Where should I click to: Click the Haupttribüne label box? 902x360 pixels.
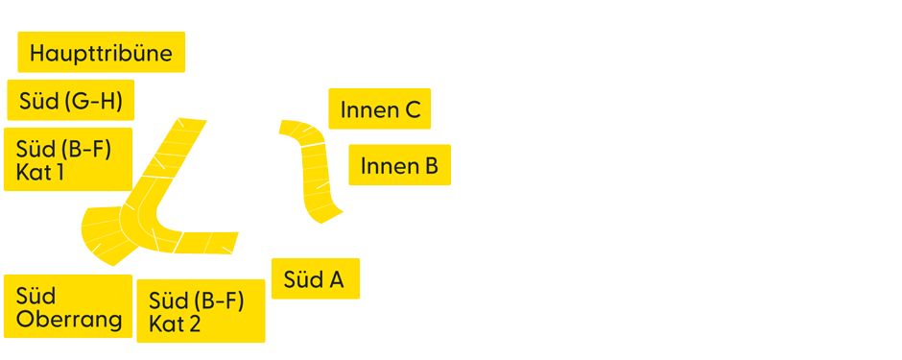[x=101, y=53]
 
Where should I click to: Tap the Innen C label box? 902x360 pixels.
[x=380, y=109]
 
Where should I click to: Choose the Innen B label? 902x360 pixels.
[x=399, y=166]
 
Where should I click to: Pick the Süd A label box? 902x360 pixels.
[x=315, y=279]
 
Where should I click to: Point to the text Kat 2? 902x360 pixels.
[x=175, y=324]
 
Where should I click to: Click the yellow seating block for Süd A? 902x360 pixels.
[x=205, y=241]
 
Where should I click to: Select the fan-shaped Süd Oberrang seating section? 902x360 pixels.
[x=104, y=235]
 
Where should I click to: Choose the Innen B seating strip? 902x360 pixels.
[x=317, y=182]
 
